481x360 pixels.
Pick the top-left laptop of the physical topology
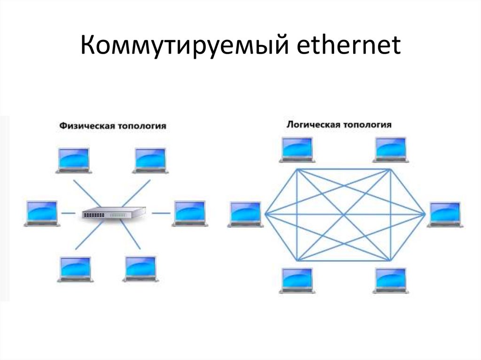click(73, 160)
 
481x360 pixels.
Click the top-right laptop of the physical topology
click(151, 160)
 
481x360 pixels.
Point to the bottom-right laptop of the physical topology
click(140, 268)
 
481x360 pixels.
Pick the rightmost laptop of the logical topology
click(444, 214)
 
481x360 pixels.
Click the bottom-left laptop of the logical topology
click(296, 280)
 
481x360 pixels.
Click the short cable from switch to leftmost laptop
click(69, 213)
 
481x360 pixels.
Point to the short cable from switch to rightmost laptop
click(161, 213)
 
